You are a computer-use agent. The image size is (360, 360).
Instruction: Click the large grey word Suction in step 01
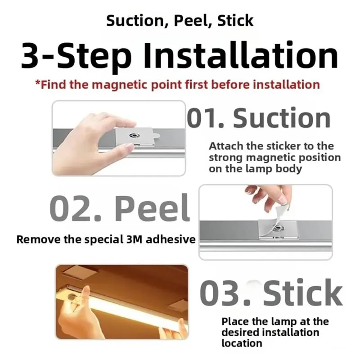282,118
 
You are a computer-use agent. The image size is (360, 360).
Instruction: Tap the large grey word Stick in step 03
303,292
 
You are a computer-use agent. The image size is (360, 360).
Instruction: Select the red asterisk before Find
38,83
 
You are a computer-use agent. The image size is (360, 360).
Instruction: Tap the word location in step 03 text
242,343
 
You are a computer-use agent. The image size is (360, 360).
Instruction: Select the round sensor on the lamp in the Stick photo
72,297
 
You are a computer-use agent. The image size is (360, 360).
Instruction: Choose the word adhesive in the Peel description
171,239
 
